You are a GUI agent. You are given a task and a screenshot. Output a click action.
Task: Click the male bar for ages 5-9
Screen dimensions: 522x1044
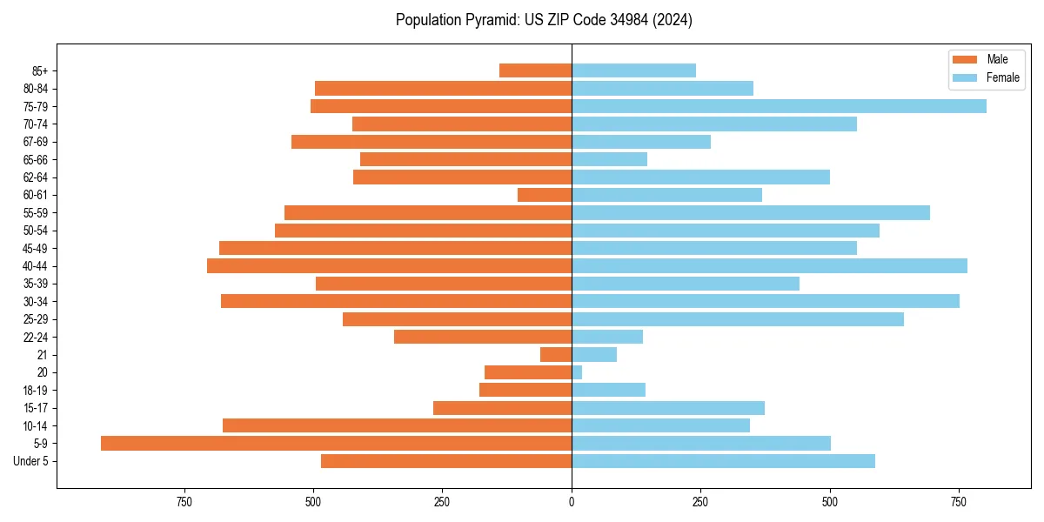(x=336, y=443)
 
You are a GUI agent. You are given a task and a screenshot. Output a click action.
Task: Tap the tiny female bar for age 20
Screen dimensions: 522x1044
(x=577, y=372)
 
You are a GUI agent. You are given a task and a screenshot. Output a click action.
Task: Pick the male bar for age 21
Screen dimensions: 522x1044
(x=556, y=354)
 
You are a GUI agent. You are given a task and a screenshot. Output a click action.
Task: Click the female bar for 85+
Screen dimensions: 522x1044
(x=633, y=70)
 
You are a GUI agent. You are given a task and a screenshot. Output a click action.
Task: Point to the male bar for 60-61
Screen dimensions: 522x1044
(x=545, y=195)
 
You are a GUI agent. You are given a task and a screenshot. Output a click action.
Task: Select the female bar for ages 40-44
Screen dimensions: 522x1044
(x=769, y=265)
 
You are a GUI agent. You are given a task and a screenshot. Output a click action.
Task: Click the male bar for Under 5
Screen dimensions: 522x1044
(x=446, y=461)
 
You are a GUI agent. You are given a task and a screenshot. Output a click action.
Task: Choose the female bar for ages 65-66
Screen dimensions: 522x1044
(x=609, y=159)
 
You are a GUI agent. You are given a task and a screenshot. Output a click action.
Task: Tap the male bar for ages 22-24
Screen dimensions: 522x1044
(x=483, y=337)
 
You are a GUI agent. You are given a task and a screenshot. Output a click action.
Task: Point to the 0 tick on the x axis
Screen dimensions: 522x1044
(x=572, y=502)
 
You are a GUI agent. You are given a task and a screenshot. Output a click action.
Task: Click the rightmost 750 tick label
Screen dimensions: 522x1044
(x=959, y=502)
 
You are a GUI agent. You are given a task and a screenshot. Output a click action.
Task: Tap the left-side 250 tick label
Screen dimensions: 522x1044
(x=442, y=502)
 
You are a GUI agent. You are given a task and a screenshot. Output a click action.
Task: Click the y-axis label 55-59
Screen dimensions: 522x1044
(x=36, y=213)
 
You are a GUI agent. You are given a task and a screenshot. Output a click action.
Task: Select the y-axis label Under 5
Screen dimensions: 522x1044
(x=30, y=461)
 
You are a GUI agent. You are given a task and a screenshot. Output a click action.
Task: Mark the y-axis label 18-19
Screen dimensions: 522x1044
(x=36, y=390)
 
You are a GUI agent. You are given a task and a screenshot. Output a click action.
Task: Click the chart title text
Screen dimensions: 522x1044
(x=544, y=20)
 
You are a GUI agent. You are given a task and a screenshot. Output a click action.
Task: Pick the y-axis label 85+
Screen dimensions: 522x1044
(x=39, y=70)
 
